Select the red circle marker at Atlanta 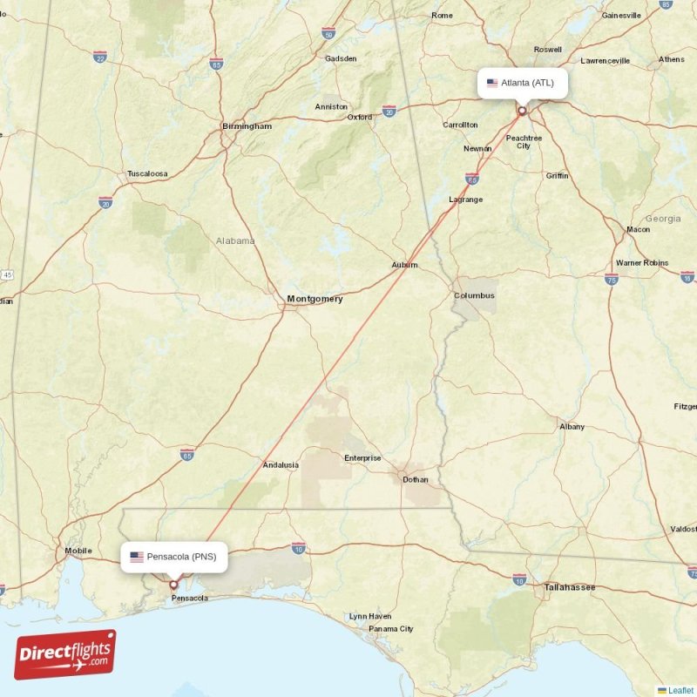coord(522,111)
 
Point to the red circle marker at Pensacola coord(173,585)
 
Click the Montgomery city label coord(315,299)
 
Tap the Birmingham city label coord(247,126)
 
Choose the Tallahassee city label coord(569,587)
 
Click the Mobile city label coord(78,551)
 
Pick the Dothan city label coord(416,478)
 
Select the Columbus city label coord(474,295)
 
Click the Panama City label coord(390,629)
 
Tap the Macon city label coord(638,229)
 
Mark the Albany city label coord(572,427)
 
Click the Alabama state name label coord(235,240)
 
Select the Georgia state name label coord(663,219)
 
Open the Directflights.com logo coord(65,654)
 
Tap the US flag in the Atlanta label coord(492,84)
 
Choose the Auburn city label coord(404,265)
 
